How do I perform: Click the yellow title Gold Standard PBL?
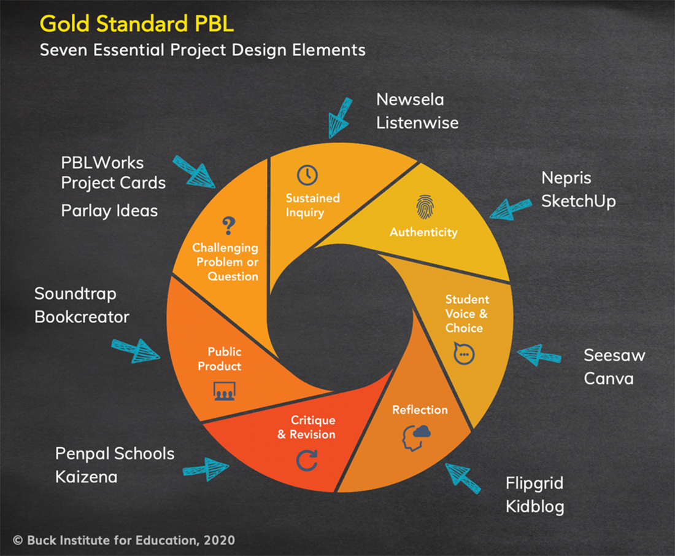tap(136, 24)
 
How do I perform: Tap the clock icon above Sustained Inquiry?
tap(307, 175)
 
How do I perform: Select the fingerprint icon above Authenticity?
tap(424, 207)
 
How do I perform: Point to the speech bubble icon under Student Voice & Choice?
tap(463, 354)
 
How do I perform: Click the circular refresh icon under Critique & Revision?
tap(306, 460)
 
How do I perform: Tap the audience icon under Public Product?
tap(224, 391)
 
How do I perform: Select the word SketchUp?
tap(578, 201)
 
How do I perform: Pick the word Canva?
tap(608, 378)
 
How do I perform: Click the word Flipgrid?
tap(534, 484)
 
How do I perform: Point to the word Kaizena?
tap(86, 477)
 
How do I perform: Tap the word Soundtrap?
tap(75, 294)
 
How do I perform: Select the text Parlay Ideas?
tap(109, 211)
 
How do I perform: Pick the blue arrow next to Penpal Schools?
tap(207, 468)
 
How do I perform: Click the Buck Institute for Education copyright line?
tap(123, 540)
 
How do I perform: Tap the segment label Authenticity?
tap(423, 232)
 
